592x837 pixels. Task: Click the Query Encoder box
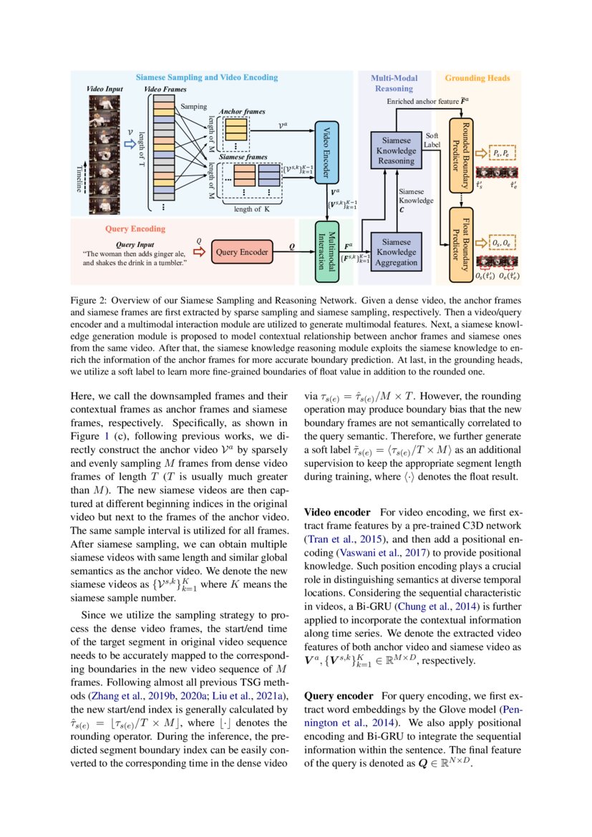click(x=243, y=251)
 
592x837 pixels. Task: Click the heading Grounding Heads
click(x=473, y=77)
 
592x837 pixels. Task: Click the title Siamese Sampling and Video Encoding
click(x=207, y=77)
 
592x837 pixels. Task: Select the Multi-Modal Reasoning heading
click(x=394, y=83)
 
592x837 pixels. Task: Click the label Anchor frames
click(x=241, y=112)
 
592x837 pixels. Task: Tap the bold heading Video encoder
click(x=337, y=513)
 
